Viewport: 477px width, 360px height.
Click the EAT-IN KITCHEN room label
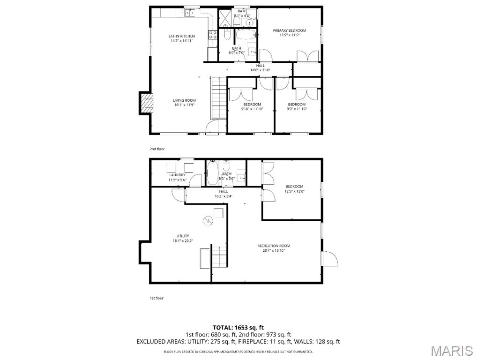tap(182, 36)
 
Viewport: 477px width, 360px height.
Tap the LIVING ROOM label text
tap(184, 100)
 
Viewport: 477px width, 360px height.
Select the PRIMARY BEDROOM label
tap(289, 30)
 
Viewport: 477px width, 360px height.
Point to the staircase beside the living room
tap(218, 98)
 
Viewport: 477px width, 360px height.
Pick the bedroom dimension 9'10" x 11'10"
tap(253, 109)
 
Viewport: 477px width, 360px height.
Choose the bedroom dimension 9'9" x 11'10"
tap(297, 109)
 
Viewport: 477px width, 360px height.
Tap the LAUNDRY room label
tap(178, 175)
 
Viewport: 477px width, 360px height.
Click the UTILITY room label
tap(183, 236)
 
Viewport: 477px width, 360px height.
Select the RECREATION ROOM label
tap(274, 246)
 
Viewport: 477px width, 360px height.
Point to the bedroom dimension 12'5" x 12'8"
tap(294, 191)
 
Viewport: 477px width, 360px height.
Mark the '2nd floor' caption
tap(157, 149)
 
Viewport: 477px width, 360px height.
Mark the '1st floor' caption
tap(157, 298)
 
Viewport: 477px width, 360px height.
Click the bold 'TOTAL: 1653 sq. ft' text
tap(238, 327)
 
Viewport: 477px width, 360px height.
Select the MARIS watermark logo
tap(452, 350)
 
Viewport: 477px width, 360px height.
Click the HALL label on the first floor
tap(224, 191)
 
